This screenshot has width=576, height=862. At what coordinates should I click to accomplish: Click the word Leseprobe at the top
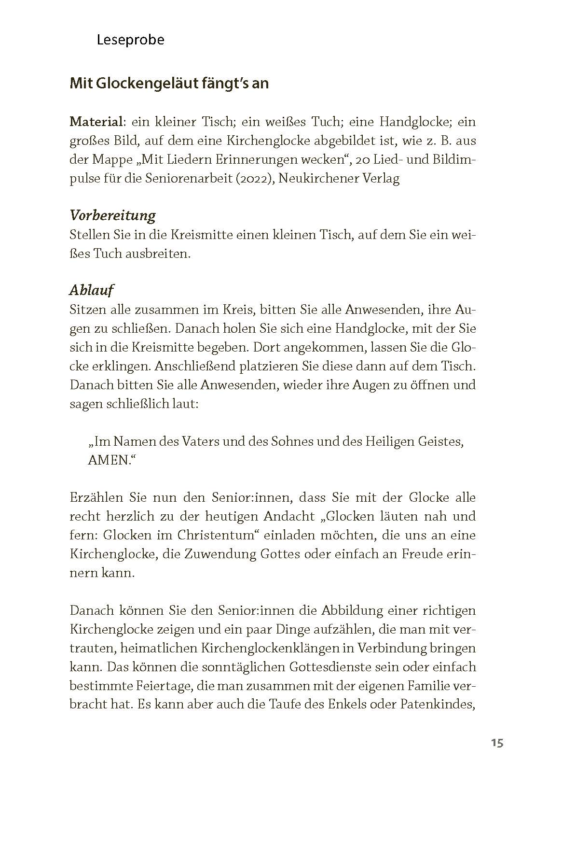(130, 40)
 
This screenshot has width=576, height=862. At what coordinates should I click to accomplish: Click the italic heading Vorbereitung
(112, 215)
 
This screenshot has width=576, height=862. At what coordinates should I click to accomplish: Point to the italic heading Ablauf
(92, 290)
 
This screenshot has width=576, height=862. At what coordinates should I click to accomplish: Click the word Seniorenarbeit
(185, 179)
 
